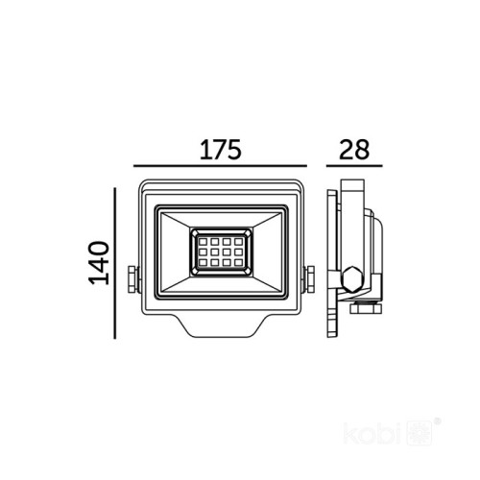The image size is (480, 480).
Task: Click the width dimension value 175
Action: coord(219,150)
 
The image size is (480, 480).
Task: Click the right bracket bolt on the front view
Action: coord(310,280)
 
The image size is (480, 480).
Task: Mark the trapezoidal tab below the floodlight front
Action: coord(221,328)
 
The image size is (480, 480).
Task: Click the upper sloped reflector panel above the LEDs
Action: coord(221,216)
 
